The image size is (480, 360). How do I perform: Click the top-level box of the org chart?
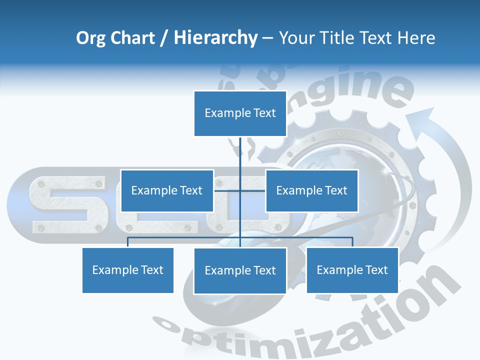tap(240, 113)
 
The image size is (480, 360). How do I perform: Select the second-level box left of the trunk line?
tap(167, 190)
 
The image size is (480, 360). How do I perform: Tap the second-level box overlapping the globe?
tap(311, 190)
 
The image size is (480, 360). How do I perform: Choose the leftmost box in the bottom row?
tap(128, 270)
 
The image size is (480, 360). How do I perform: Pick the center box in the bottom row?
tap(240, 270)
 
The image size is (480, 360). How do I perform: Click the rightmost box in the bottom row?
tap(352, 270)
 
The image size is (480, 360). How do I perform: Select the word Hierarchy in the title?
tap(215, 38)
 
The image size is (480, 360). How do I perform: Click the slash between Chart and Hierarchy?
tap(164, 38)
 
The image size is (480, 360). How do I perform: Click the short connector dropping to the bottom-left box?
tap(128, 242)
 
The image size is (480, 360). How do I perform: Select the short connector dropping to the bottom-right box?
tap(352, 242)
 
